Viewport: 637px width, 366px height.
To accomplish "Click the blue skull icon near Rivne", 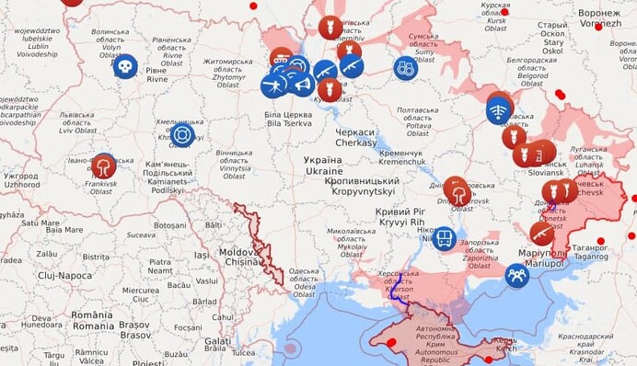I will (x=125, y=66).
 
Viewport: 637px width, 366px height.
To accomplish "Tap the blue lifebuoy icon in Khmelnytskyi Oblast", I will (x=182, y=135).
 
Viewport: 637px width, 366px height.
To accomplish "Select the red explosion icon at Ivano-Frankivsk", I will (x=104, y=166).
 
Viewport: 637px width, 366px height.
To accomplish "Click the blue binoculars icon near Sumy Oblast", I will (x=405, y=67).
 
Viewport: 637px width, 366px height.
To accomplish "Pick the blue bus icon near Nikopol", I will (x=445, y=238).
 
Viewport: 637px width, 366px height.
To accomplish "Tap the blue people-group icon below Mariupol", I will (x=517, y=275).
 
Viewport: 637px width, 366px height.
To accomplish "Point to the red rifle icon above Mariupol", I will (x=542, y=234).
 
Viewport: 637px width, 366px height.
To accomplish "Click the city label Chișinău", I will (x=244, y=262).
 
